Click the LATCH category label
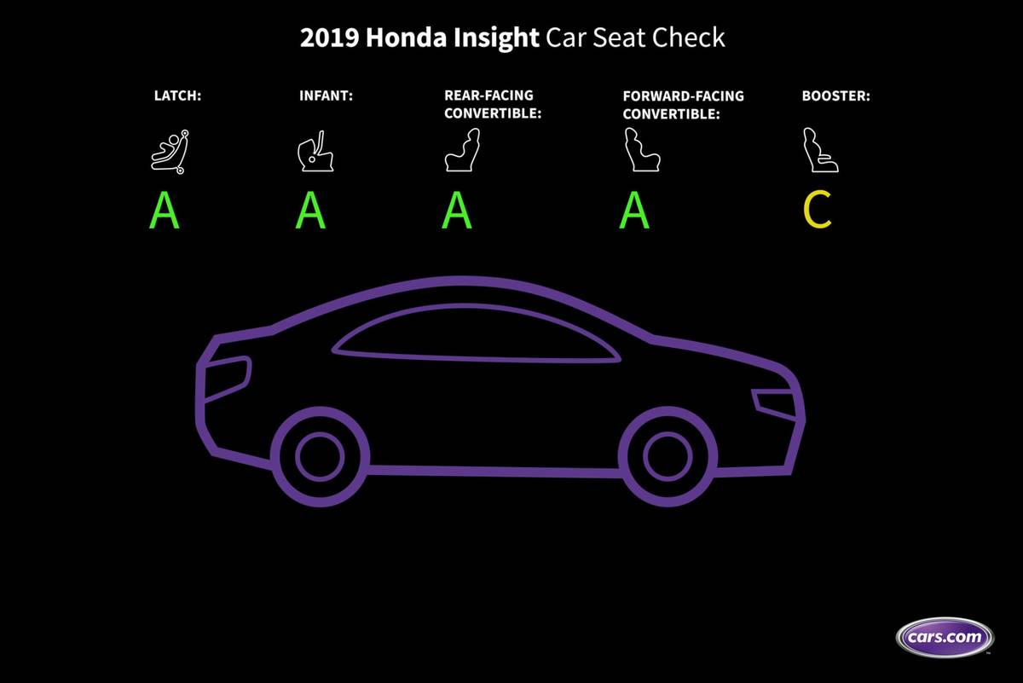[177, 96]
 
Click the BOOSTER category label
[835, 96]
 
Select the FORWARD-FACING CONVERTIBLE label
[683, 104]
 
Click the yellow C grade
[818, 211]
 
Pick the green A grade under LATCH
[165, 211]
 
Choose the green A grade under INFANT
[310, 211]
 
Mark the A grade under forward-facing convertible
[634, 211]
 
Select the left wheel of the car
[320, 455]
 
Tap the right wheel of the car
[667, 454]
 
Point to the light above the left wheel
[227, 376]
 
